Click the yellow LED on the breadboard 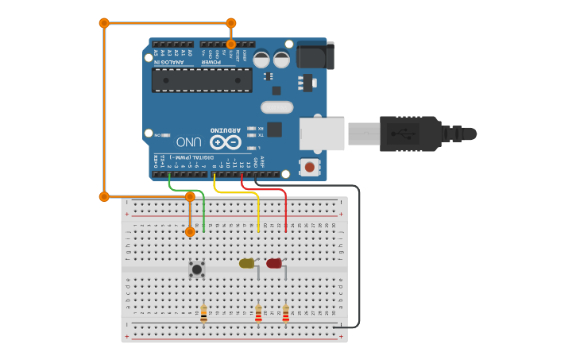click(247, 263)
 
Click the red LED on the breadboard click(274, 263)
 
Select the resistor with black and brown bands click(204, 314)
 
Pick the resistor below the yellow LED click(258, 315)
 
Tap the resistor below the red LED click(286, 315)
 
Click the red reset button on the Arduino click(309, 167)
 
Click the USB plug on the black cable click(410, 134)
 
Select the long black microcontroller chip click(202, 79)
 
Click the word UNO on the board click(188, 142)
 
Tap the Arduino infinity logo click(225, 142)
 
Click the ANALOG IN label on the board click(172, 62)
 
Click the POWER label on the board click(211, 62)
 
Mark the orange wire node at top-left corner click(104, 23)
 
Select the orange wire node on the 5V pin click(231, 45)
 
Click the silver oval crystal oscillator click(276, 107)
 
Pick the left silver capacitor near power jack click(261, 59)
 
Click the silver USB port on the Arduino click(322, 134)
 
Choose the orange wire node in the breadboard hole click(190, 231)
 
